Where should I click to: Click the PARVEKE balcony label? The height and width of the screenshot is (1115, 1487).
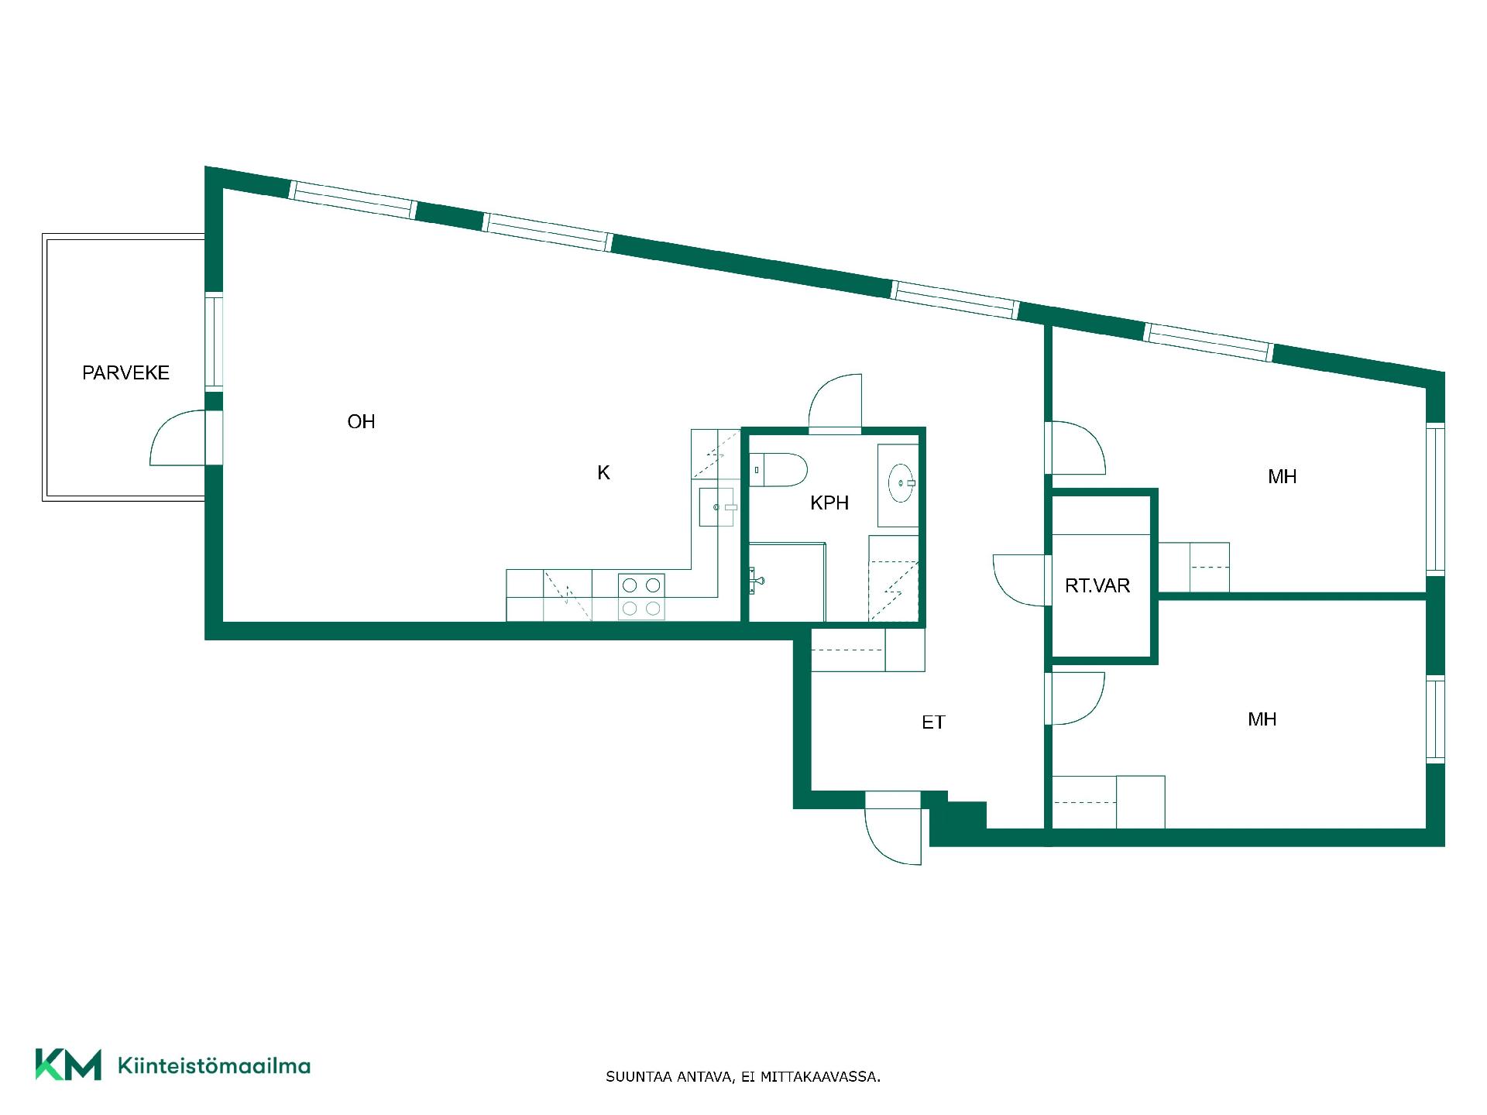tap(125, 372)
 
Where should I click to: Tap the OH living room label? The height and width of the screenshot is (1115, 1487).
tap(361, 421)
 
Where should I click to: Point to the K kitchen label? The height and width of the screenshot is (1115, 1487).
tap(603, 472)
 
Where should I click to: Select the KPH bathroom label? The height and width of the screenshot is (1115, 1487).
tap(829, 503)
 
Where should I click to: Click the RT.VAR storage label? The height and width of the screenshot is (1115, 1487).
tap(1097, 585)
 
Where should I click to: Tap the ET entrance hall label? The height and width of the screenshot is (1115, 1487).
tap(933, 722)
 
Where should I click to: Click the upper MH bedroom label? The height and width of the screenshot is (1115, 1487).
tap(1282, 476)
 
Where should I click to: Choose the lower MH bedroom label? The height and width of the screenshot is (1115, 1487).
tap(1262, 719)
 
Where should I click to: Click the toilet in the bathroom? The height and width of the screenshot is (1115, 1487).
tap(778, 470)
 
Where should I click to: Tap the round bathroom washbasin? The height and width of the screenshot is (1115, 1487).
tap(901, 482)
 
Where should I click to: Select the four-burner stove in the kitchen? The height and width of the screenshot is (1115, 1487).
tap(641, 596)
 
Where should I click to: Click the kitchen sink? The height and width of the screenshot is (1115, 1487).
tap(716, 507)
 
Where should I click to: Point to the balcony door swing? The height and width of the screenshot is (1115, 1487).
tap(177, 438)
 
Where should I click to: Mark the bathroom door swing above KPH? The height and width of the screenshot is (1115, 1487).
tap(835, 401)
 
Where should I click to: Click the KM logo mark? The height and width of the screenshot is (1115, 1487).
tap(68, 1065)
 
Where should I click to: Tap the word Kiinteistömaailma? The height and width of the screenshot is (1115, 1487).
tap(214, 1065)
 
